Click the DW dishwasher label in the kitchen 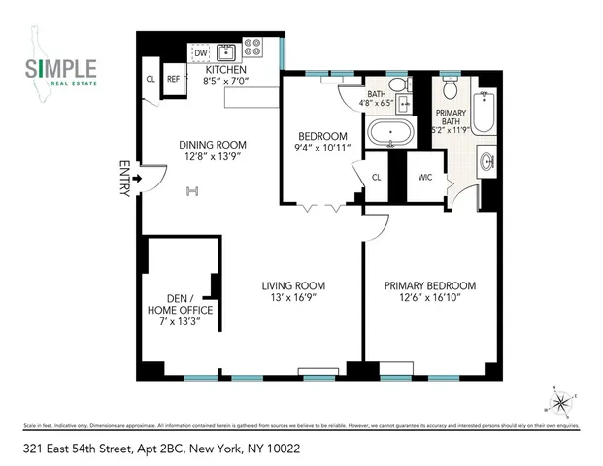201,53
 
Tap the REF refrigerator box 173,80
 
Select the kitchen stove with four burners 252,48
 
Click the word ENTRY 123,179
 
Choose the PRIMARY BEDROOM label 430,285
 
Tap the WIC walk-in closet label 425,178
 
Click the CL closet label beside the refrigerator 151,80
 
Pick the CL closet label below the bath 377,177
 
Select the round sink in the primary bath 486,161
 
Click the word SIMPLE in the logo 60,68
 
